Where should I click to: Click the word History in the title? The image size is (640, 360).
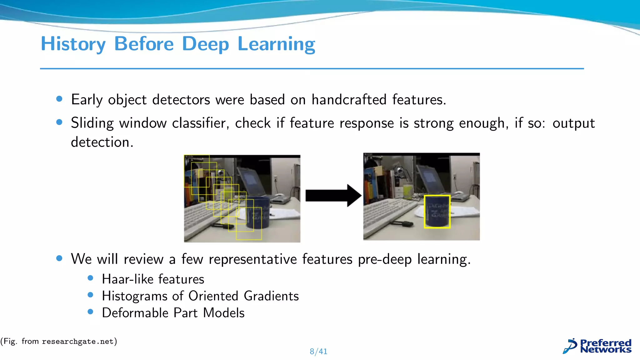coord(73,44)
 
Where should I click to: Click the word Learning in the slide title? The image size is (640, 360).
coord(276,44)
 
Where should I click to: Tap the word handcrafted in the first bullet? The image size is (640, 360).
coord(349,100)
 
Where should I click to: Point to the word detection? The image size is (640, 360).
coord(102,142)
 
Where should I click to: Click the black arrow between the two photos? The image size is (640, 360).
coord(333,196)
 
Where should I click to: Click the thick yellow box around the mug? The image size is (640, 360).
coord(437,212)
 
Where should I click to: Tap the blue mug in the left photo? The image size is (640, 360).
coord(258,212)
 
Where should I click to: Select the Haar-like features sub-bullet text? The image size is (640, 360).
coord(153,279)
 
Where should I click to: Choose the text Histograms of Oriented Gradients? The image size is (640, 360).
coord(200,296)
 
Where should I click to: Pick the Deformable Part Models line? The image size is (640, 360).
coord(173,313)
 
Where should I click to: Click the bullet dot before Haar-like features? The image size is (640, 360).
coord(91,278)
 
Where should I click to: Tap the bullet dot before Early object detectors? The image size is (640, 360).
coord(59,99)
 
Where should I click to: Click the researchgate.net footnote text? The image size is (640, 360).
coord(77,341)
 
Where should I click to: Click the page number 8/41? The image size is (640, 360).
coord(318,352)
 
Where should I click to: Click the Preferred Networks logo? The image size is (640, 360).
coord(597,346)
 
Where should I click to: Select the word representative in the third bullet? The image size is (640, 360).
coord(252,259)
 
